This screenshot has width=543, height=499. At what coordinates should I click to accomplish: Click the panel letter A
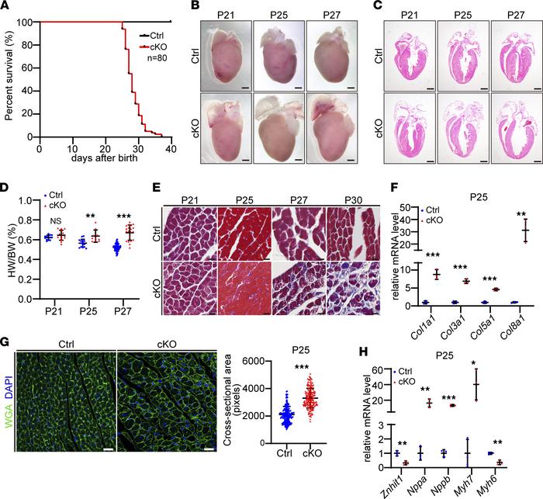[9, 7]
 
